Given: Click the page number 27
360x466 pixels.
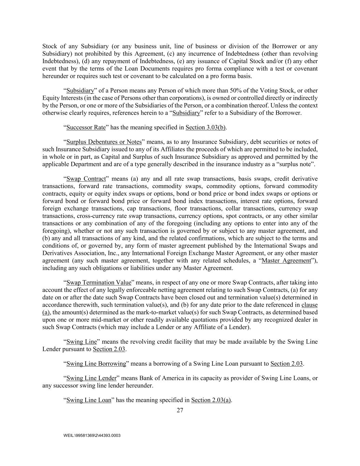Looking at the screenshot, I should tap(180, 410).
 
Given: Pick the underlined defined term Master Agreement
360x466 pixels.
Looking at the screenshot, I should tap(286, 260).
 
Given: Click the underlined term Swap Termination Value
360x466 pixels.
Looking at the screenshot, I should tap(99, 283).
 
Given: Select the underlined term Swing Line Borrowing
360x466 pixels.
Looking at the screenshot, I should tap(96, 364).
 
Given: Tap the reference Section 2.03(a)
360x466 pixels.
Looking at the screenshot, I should tap(211, 400).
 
